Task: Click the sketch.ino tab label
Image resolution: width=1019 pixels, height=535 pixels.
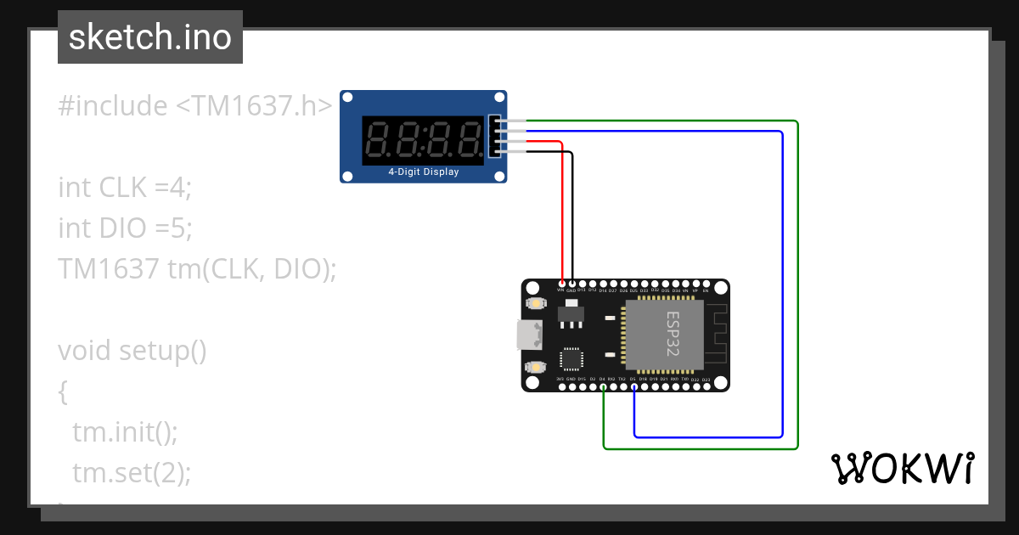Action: point(149,37)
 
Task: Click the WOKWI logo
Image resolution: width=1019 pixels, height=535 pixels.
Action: point(902,468)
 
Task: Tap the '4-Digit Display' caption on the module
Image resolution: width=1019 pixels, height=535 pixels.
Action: point(424,172)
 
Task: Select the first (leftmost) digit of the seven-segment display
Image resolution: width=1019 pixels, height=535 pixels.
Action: point(380,140)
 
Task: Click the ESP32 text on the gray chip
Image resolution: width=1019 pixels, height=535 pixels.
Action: point(672,333)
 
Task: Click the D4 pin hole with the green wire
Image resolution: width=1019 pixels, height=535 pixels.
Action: point(603,387)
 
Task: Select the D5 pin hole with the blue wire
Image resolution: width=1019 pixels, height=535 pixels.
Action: point(633,387)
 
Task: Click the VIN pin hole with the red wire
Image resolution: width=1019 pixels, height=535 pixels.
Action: point(561,283)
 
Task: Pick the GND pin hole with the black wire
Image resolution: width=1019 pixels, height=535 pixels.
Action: point(572,283)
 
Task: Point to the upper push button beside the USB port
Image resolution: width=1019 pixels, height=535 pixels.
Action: point(535,303)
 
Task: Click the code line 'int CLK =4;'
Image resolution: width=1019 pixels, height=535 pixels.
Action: point(125,187)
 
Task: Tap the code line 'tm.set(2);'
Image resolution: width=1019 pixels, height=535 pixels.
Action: point(132,472)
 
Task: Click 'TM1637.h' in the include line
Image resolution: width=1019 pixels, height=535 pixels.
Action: point(254,106)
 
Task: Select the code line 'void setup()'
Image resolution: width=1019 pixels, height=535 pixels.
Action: point(132,350)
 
